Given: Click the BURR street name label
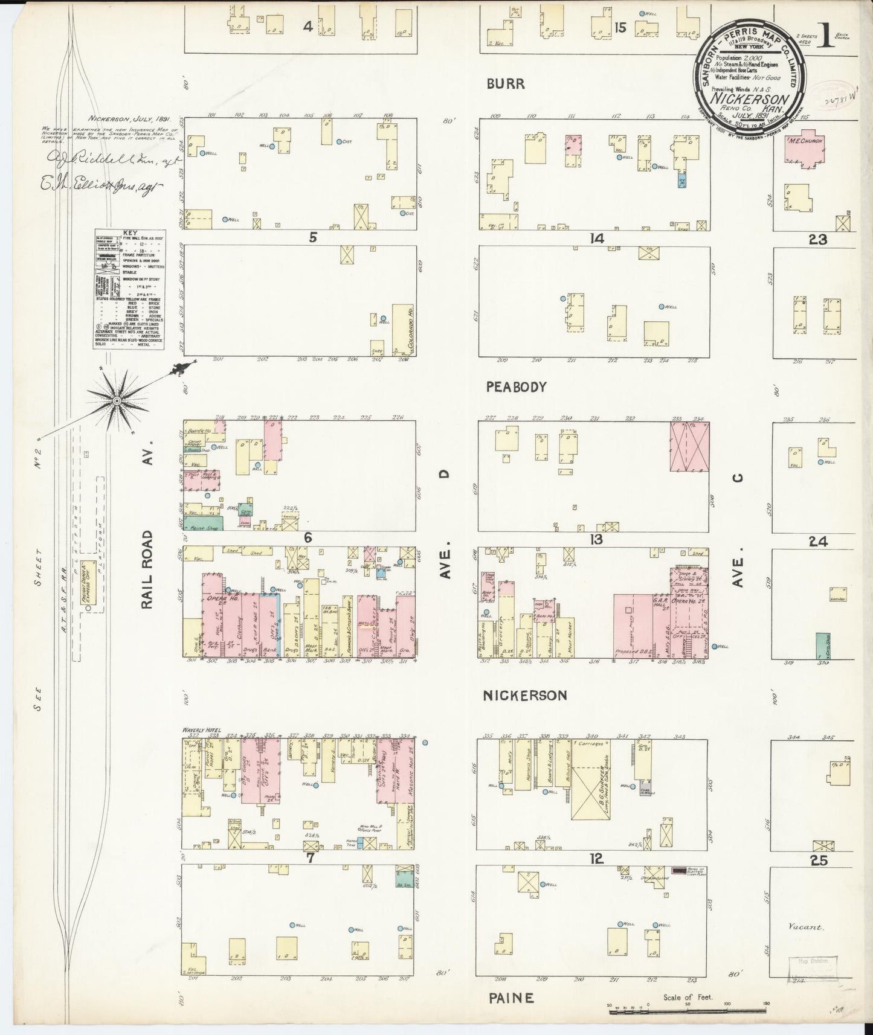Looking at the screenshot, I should pyautogui.click(x=506, y=84).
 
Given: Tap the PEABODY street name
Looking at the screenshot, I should pyautogui.click(x=516, y=387).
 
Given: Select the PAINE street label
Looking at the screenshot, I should pyautogui.click(x=511, y=998).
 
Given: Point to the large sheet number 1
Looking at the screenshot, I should pyautogui.click(x=826, y=38).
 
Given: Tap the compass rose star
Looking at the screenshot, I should pyautogui.click(x=116, y=400).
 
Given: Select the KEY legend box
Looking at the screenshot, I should pyautogui.click(x=129, y=289).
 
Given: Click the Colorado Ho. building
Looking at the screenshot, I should pyautogui.click(x=402, y=329).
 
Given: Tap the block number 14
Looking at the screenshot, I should pyautogui.click(x=597, y=239).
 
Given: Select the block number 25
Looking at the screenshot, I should pyautogui.click(x=819, y=860).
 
